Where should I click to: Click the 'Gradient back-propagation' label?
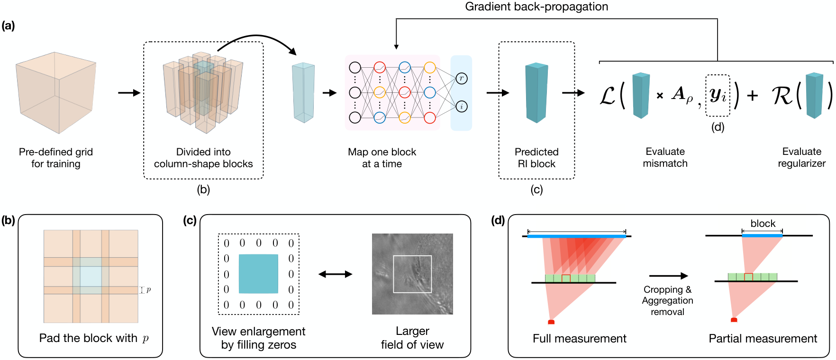point(536,7)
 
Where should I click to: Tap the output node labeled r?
point(462,79)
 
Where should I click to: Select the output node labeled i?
point(462,107)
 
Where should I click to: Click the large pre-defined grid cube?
point(56,92)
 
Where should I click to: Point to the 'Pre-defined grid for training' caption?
point(56,158)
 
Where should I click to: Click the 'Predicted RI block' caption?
point(536,158)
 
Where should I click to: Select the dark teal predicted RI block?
point(536,93)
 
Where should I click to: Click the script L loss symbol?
point(608,96)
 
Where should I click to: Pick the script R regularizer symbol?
point(782,96)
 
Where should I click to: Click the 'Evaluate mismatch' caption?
point(665,157)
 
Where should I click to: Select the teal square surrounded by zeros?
point(259,274)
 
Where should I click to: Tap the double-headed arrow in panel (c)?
point(336,274)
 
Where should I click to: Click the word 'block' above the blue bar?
point(763,224)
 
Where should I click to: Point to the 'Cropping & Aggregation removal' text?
point(667,300)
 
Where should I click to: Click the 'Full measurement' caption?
point(580,338)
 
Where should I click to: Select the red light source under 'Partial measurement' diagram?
point(734,320)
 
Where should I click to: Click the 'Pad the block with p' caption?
point(94,338)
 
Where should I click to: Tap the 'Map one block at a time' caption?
point(382,158)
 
